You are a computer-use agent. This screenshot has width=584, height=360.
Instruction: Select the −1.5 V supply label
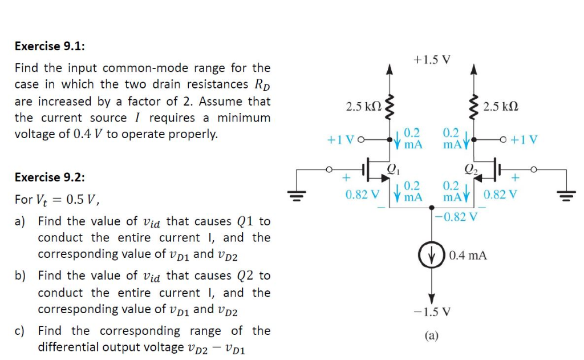coord(431,312)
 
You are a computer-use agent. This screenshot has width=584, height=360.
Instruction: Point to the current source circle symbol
coord(432,255)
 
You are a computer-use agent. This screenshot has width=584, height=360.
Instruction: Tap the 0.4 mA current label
coord(468,256)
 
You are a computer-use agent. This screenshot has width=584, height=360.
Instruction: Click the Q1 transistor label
coord(392,168)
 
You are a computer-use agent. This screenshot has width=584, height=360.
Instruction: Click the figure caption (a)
coord(431,337)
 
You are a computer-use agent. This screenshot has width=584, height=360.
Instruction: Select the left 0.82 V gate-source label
coord(362,194)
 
